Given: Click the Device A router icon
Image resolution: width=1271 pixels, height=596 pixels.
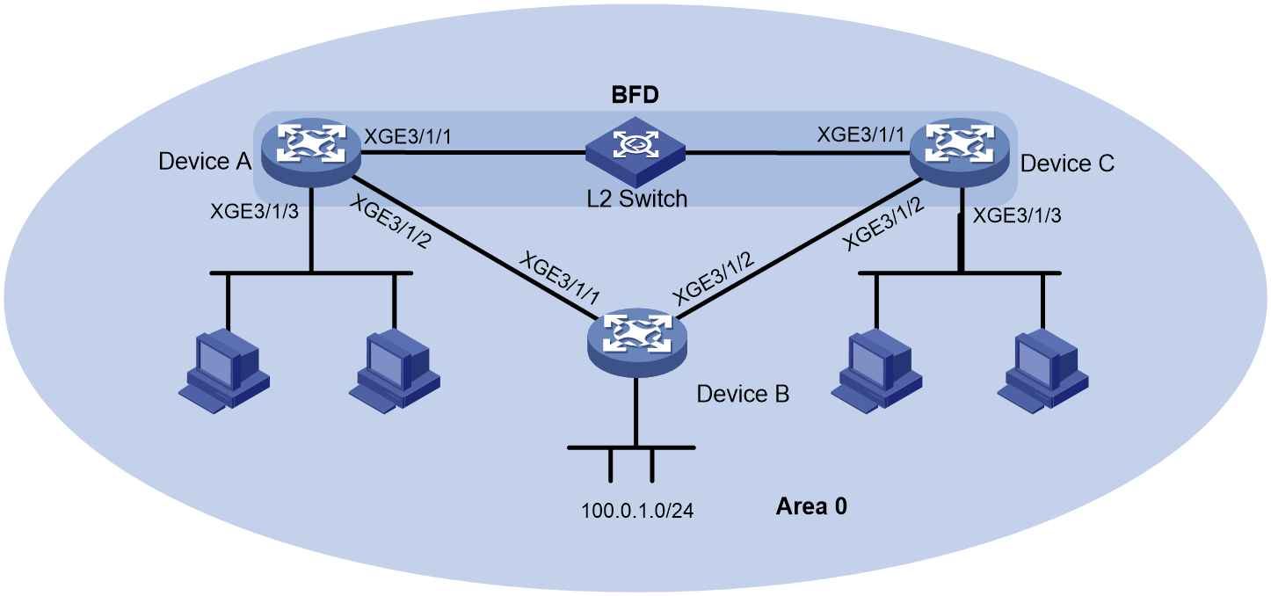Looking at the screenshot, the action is coord(311,152).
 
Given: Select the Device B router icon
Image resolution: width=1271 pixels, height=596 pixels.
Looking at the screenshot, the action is coord(637,343).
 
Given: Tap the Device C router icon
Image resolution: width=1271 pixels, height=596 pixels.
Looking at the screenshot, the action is coord(960,152).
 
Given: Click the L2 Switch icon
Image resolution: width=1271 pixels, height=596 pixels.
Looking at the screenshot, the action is coord(635,152).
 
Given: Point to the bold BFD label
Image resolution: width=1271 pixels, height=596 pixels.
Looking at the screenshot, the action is coord(635,95).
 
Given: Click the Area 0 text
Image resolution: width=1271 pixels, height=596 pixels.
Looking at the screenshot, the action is coord(811,506).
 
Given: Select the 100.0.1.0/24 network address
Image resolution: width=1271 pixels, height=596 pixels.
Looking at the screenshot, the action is coord(637,511).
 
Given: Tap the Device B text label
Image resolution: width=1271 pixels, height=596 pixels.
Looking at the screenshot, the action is coord(743,394).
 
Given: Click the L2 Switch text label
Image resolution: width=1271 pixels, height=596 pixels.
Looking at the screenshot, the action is coord(636,199).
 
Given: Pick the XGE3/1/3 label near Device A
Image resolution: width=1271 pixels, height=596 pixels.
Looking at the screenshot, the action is coord(254,211).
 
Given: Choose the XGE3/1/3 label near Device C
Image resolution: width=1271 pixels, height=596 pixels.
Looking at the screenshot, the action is coord(1017,215).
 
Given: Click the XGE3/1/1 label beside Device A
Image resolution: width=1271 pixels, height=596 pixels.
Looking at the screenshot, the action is coord(407,136).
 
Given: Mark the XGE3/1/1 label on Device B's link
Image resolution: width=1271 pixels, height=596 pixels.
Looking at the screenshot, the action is coord(559,279).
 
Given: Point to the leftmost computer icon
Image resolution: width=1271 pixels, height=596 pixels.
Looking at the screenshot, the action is coord(224,371).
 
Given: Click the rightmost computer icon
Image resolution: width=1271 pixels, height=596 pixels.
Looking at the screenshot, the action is coord(1042,371).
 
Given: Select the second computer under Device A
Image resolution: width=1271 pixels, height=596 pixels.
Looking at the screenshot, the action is coord(395,371).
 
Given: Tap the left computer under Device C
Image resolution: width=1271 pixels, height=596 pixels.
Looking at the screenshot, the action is coord(876,371).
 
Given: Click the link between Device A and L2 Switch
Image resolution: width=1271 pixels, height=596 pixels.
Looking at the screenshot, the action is coord(474,153).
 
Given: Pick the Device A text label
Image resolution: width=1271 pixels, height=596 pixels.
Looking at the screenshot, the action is coord(205,162).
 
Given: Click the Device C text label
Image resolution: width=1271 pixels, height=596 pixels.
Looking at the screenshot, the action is coord(1067,164).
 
